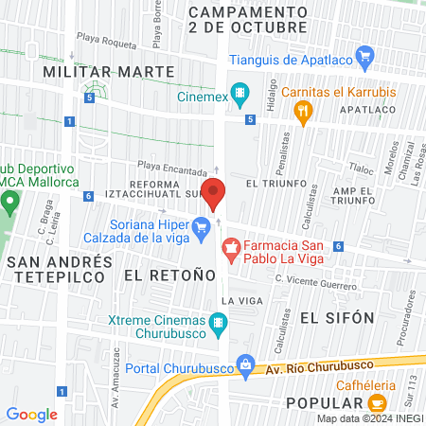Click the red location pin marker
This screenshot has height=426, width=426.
click(x=215, y=193)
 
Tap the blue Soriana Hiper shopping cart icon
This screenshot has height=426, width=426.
click(x=201, y=226)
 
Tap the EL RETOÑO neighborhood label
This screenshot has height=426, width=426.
click(x=158, y=275)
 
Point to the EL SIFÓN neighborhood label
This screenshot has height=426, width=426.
click(x=337, y=317)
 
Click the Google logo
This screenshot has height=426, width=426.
click(x=31, y=414)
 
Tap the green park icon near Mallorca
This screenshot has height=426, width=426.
click(x=9, y=202)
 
